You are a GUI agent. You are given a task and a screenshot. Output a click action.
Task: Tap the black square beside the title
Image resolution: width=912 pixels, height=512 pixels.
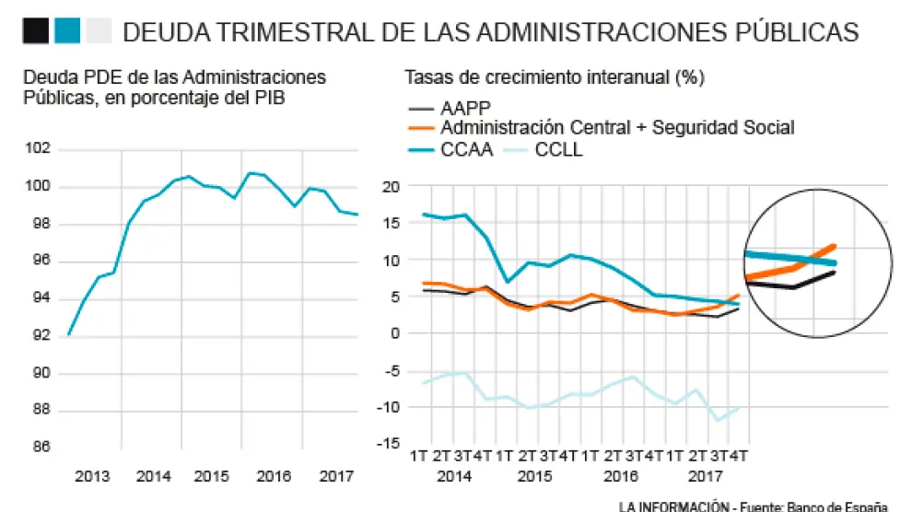pos(35,31)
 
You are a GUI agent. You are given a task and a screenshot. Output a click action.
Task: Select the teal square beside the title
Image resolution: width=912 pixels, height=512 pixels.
pos(67,31)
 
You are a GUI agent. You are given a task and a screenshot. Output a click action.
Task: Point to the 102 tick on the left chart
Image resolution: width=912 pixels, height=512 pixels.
pos(40,149)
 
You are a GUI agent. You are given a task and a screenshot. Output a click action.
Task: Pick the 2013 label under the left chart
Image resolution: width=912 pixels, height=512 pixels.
pos(93,477)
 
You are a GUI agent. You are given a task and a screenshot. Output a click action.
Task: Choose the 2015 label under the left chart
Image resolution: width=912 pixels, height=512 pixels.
pos(212,477)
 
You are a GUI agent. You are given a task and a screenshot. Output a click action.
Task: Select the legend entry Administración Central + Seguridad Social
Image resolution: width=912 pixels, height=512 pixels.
pos(617,128)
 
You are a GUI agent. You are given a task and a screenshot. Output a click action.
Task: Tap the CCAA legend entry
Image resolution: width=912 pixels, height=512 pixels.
pos(466,148)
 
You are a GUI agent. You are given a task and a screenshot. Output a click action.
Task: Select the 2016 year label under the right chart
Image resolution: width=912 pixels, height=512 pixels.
pos(620,477)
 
